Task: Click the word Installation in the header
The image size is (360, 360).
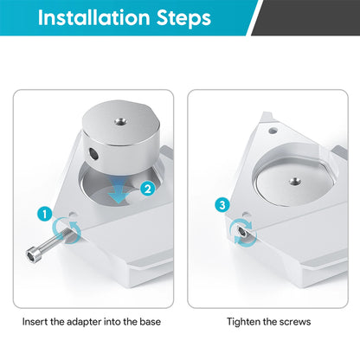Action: tap(93, 17)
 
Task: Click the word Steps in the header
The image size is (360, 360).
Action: tap(183, 18)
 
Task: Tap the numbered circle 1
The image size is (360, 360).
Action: tap(45, 215)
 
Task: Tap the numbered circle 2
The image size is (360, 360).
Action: tap(148, 190)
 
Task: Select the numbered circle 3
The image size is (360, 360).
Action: tap(222, 205)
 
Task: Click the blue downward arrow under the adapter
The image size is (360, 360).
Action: tap(119, 190)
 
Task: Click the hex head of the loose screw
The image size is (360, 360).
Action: tap(32, 254)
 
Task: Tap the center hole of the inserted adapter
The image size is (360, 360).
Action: tap(295, 182)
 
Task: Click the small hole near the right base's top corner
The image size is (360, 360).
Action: tap(273, 131)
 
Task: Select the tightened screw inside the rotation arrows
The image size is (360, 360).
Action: tap(241, 231)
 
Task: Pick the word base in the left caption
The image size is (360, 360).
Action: tap(151, 322)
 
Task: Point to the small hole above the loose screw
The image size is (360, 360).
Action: tap(73, 215)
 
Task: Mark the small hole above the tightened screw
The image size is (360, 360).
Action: tap(246, 215)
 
